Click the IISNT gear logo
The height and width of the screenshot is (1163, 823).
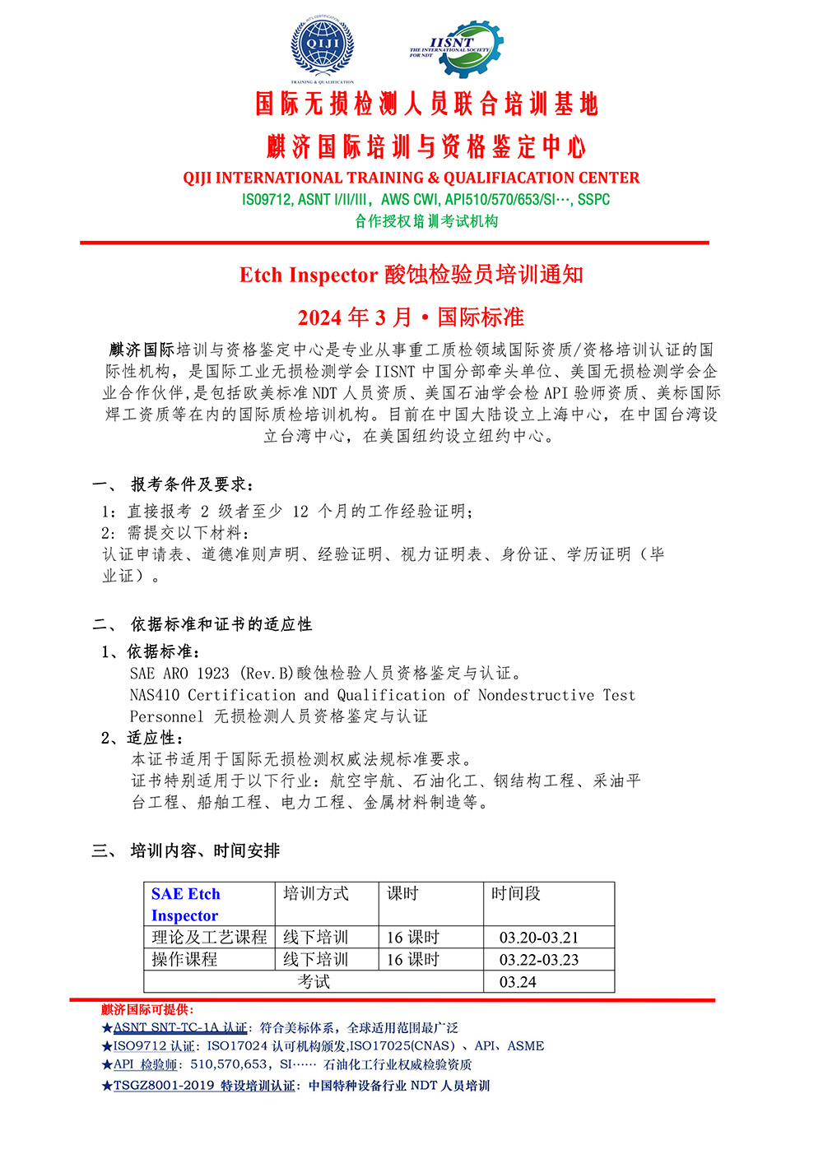(x=456, y=49)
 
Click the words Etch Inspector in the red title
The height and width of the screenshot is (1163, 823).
(x=309, y=275)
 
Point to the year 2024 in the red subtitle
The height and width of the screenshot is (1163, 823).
(x=319, y=317)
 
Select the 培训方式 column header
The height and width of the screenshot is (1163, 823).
(x=316, y=893)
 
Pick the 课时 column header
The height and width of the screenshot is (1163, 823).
(x=403, y=893)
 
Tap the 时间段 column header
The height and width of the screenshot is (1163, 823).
(x=516, y=893)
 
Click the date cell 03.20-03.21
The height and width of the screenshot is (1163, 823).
(x=539, y=938)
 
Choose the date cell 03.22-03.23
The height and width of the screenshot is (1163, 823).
(x=539, y=960)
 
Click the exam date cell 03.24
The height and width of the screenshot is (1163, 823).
(x=518, y=982)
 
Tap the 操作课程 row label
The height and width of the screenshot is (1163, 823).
(x=185, y=960)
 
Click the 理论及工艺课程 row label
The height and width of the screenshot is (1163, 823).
(x=209, y=938)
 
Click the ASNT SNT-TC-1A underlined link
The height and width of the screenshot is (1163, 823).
(x=179, y=1027)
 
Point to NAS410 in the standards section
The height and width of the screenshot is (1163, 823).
(x=155, y=695)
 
